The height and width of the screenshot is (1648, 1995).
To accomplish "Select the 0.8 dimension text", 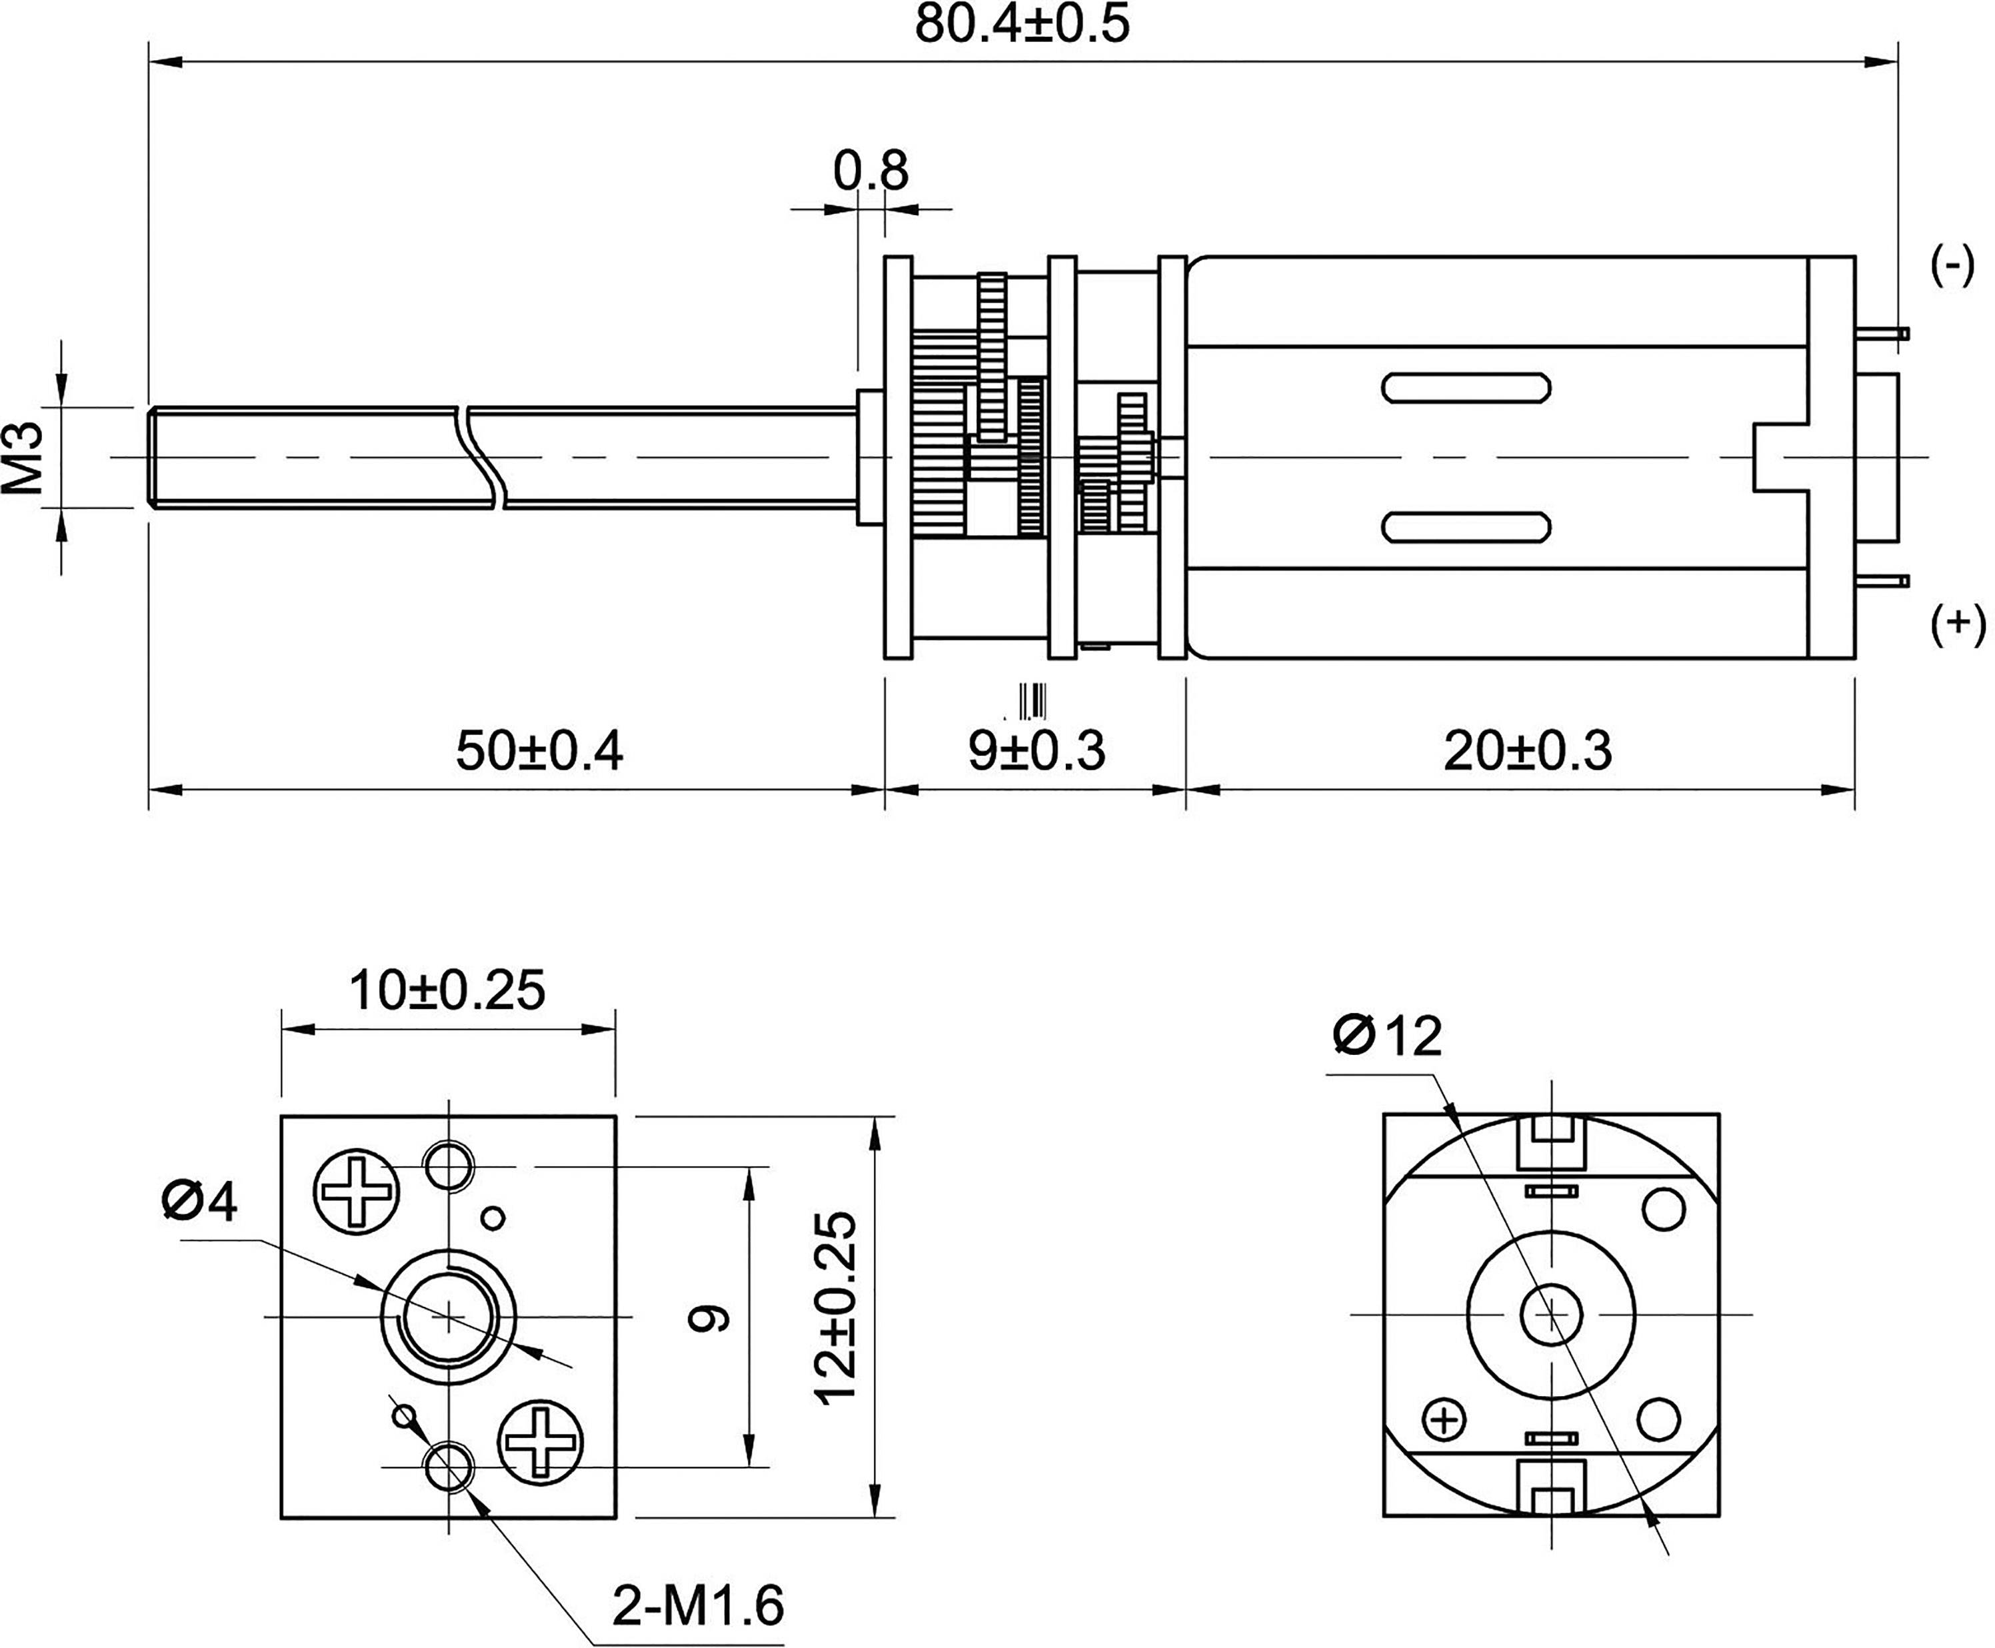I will coord(870,173).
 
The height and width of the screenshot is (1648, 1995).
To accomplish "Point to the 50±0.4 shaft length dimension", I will coord(539,752).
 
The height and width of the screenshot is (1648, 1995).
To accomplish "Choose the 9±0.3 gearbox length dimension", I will coord(1036,752).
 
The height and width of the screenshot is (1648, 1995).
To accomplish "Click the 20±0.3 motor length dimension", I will coord(1527,752).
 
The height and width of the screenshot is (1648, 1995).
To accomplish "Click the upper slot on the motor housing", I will coord(1466,389).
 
